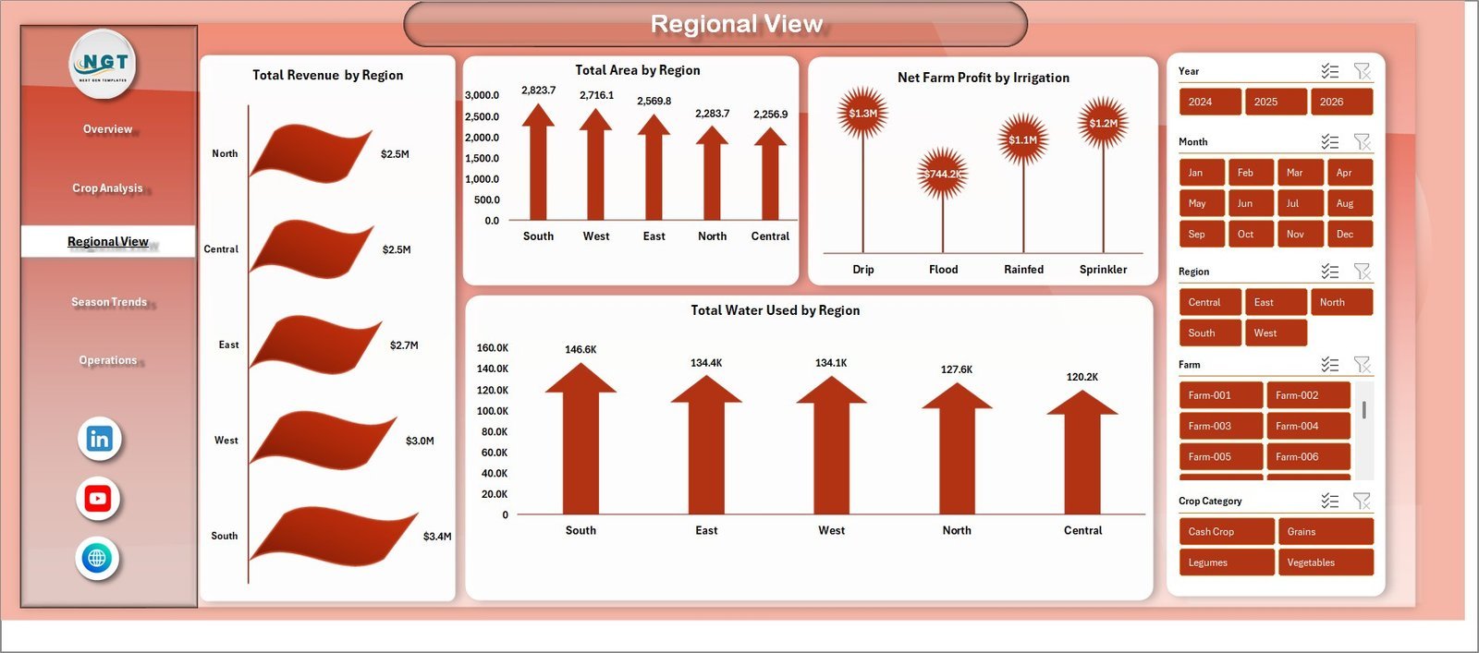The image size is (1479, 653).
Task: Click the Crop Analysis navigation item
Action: tap(108, 188)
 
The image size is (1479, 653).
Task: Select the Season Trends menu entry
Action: tap(109, 302)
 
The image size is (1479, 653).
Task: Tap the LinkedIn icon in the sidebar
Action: tap(100, 439)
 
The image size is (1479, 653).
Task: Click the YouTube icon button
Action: tap(98, 499)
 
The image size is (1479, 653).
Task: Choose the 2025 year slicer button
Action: tap(1275, 102)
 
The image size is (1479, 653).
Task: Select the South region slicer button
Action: tap(1209, 333)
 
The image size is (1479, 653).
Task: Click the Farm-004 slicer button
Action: tap(1307, 426)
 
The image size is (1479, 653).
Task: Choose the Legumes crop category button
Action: tap(1226, 562)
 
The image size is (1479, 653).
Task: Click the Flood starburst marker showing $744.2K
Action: tap(942, 174)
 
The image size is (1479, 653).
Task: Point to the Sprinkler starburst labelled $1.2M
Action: tap(1103, 123)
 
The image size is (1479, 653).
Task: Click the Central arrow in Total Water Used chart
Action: tap(1082, 453)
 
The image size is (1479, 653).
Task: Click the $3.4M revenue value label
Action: tap(437, 537)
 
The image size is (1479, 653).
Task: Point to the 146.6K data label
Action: tap(581, 350)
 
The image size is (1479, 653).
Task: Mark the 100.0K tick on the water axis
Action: tap(492, 411)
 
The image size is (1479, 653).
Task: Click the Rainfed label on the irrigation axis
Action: tap(1023, 270)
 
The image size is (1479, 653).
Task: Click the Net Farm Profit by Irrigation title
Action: tap(983, 78)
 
